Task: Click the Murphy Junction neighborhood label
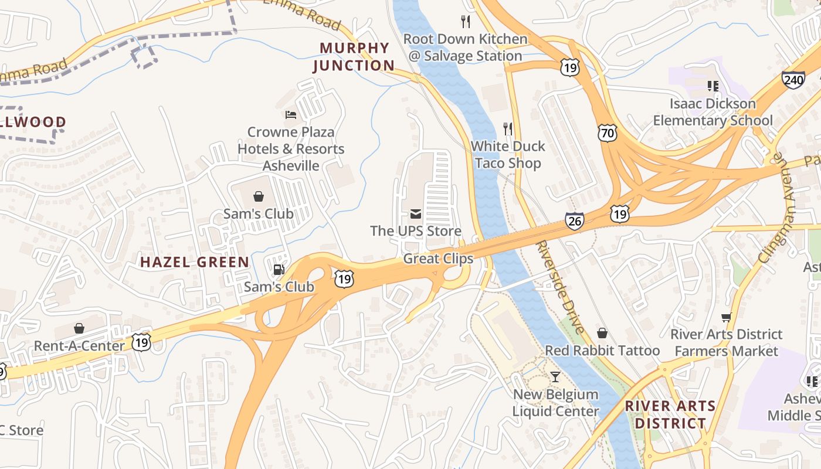tap(354, 56)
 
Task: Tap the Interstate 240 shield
tap(793, 80)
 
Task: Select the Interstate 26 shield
tap(575, 221)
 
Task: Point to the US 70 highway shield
tap(608, 134)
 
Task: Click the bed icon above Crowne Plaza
tap(291, 114)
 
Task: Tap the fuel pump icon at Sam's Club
tap(279, 270)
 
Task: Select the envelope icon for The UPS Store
tap(416, 214)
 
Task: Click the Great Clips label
tap(438, 259)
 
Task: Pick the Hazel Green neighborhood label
tap(195, 262)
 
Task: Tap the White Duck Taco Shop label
tap(508, 155)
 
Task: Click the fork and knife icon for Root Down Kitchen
tap(466, 22)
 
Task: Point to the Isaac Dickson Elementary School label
tap(713, 112)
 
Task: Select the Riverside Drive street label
tap(561, 287)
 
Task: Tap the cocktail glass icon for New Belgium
tap(555, 376)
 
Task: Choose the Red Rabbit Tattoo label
tap(602, 351)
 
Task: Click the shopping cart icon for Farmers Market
tap(727, 317)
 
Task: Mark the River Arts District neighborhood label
tap(670, 414)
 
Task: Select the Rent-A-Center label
tap(79, 345)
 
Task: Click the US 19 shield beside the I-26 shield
tap(619, 214)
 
